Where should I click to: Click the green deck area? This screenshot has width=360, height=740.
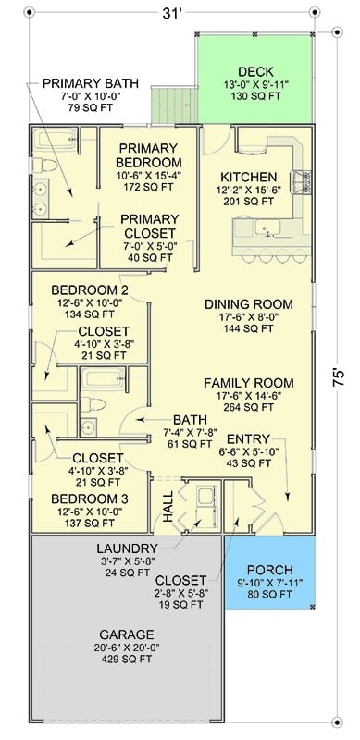(x=255, y=79)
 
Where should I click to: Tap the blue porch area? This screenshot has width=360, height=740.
(x=269, y=572)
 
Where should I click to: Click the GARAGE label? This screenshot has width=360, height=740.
(x=127, y=635)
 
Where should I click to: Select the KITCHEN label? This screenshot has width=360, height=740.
(x=249, y=178)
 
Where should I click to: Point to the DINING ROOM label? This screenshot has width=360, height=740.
(x=249, y=304)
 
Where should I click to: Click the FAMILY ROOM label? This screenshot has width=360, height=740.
(x=249, y=383)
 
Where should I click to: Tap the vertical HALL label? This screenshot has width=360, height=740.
(x=168, y=506)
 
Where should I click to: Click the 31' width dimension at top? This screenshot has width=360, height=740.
(x=172, y=14)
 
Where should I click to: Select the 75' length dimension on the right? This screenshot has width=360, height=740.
(x=339, y=378)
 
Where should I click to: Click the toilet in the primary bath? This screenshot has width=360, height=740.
(x=43, y=166)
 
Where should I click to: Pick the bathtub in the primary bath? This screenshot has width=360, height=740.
(x=56, y=140)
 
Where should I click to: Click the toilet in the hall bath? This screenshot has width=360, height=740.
(x=93, y=404)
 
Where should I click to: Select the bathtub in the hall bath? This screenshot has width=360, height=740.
(x=103, y=379)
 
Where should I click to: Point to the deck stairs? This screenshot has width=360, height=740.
(x=174, y=105)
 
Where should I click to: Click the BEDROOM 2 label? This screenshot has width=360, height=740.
(x=90, y=290)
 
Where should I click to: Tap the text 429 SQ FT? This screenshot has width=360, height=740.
(x=127, y=659)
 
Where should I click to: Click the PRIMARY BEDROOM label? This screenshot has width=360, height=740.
(x=149, y=155)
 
